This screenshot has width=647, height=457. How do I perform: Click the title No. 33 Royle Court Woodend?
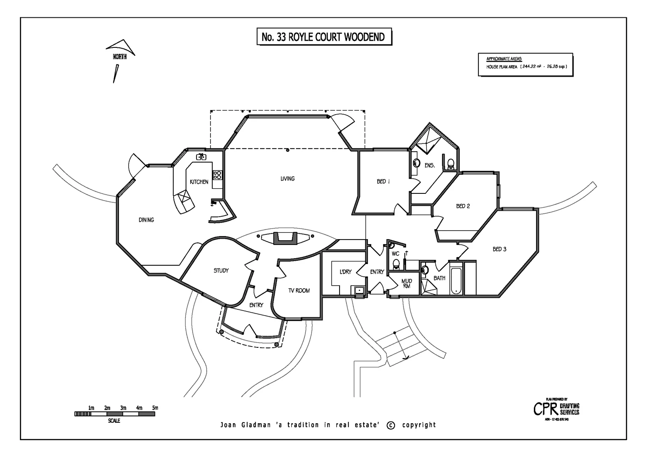coord(323,37)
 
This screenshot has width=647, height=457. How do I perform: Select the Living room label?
coord(288,179)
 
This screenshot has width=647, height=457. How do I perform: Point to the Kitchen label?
coord(199,182)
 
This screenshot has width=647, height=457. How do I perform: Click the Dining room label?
coord(147,220)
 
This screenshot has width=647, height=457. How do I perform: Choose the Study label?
coord(221,271)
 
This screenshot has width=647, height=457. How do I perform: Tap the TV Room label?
coord(299,291)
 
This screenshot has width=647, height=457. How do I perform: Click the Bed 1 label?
coord(383,182)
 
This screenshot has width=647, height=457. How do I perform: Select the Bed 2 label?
coord(463,206)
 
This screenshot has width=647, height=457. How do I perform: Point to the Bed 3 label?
coord(499,249)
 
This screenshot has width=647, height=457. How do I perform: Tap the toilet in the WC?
coord(396,264)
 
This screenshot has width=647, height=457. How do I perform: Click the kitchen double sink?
coord(201,157)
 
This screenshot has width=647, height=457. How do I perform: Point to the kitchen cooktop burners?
coord(217,175)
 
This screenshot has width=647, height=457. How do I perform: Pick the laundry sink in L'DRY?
coord(359,290)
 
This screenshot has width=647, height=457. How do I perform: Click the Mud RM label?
coord(406,284)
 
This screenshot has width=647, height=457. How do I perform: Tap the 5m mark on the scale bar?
coord(155,408)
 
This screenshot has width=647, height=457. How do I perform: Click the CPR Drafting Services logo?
coord(556,409)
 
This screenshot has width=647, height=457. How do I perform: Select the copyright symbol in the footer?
coord(391,425)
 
